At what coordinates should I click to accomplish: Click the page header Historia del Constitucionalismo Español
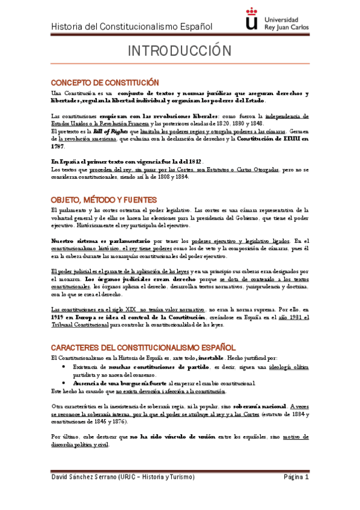coord(132,26)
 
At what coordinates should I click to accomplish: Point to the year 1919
coord(59,317)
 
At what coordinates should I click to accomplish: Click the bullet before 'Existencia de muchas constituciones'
coord(65,367)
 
